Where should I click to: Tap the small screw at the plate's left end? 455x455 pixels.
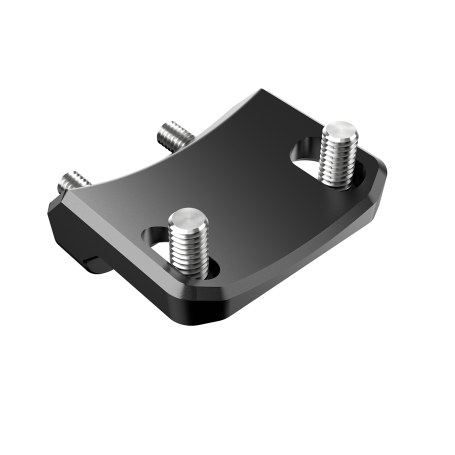[x=73, y=183]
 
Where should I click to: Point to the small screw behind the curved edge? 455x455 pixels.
[x=171, y=134]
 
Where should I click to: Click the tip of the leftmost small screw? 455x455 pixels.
[x=66, y=178]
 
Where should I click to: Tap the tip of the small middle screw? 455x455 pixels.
[x=166, y=127]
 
